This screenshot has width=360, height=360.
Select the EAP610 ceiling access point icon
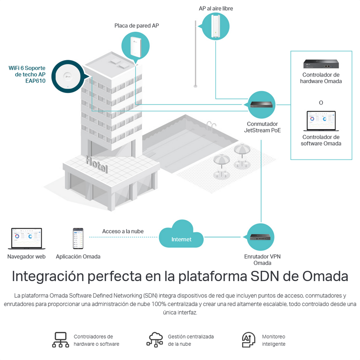click(x=69, y=77)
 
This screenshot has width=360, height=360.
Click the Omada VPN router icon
click(x=262, y=237)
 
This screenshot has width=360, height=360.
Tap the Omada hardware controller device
click(x=321, y=64)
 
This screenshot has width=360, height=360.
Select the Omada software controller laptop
click(x=321, y=122)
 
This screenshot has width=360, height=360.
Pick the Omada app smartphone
click(x=78, y=239)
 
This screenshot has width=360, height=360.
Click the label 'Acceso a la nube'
click(x=123, y=231)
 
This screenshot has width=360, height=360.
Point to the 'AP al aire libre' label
click(x=216, y=8)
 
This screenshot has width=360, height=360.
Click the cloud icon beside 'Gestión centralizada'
click(x=155, y=340)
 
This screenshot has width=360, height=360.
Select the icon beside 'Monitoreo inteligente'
click(x=249, y=340)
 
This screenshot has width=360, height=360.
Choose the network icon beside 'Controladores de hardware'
click(x=61, y=340)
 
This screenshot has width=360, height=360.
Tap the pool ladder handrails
click(x=210, y=126)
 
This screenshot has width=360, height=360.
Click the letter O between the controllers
click(x=321, y=103)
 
